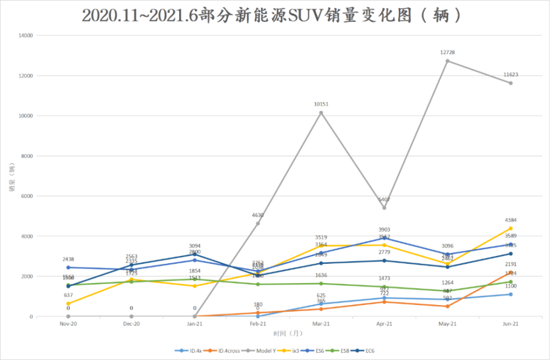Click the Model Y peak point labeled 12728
(447, 61)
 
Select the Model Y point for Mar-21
(321, 113)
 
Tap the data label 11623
(510, 75)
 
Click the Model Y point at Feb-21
(257, 223)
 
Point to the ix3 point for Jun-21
(510, 229)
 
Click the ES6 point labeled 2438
(68, 268)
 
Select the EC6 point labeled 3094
(195, 254)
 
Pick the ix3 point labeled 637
(68, 303)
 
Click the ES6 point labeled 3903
(384, 238)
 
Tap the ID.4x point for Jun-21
(510, 295)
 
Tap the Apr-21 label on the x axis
(384, 324)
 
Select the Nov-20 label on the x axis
(68, 324)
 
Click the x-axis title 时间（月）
(289, 333)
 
